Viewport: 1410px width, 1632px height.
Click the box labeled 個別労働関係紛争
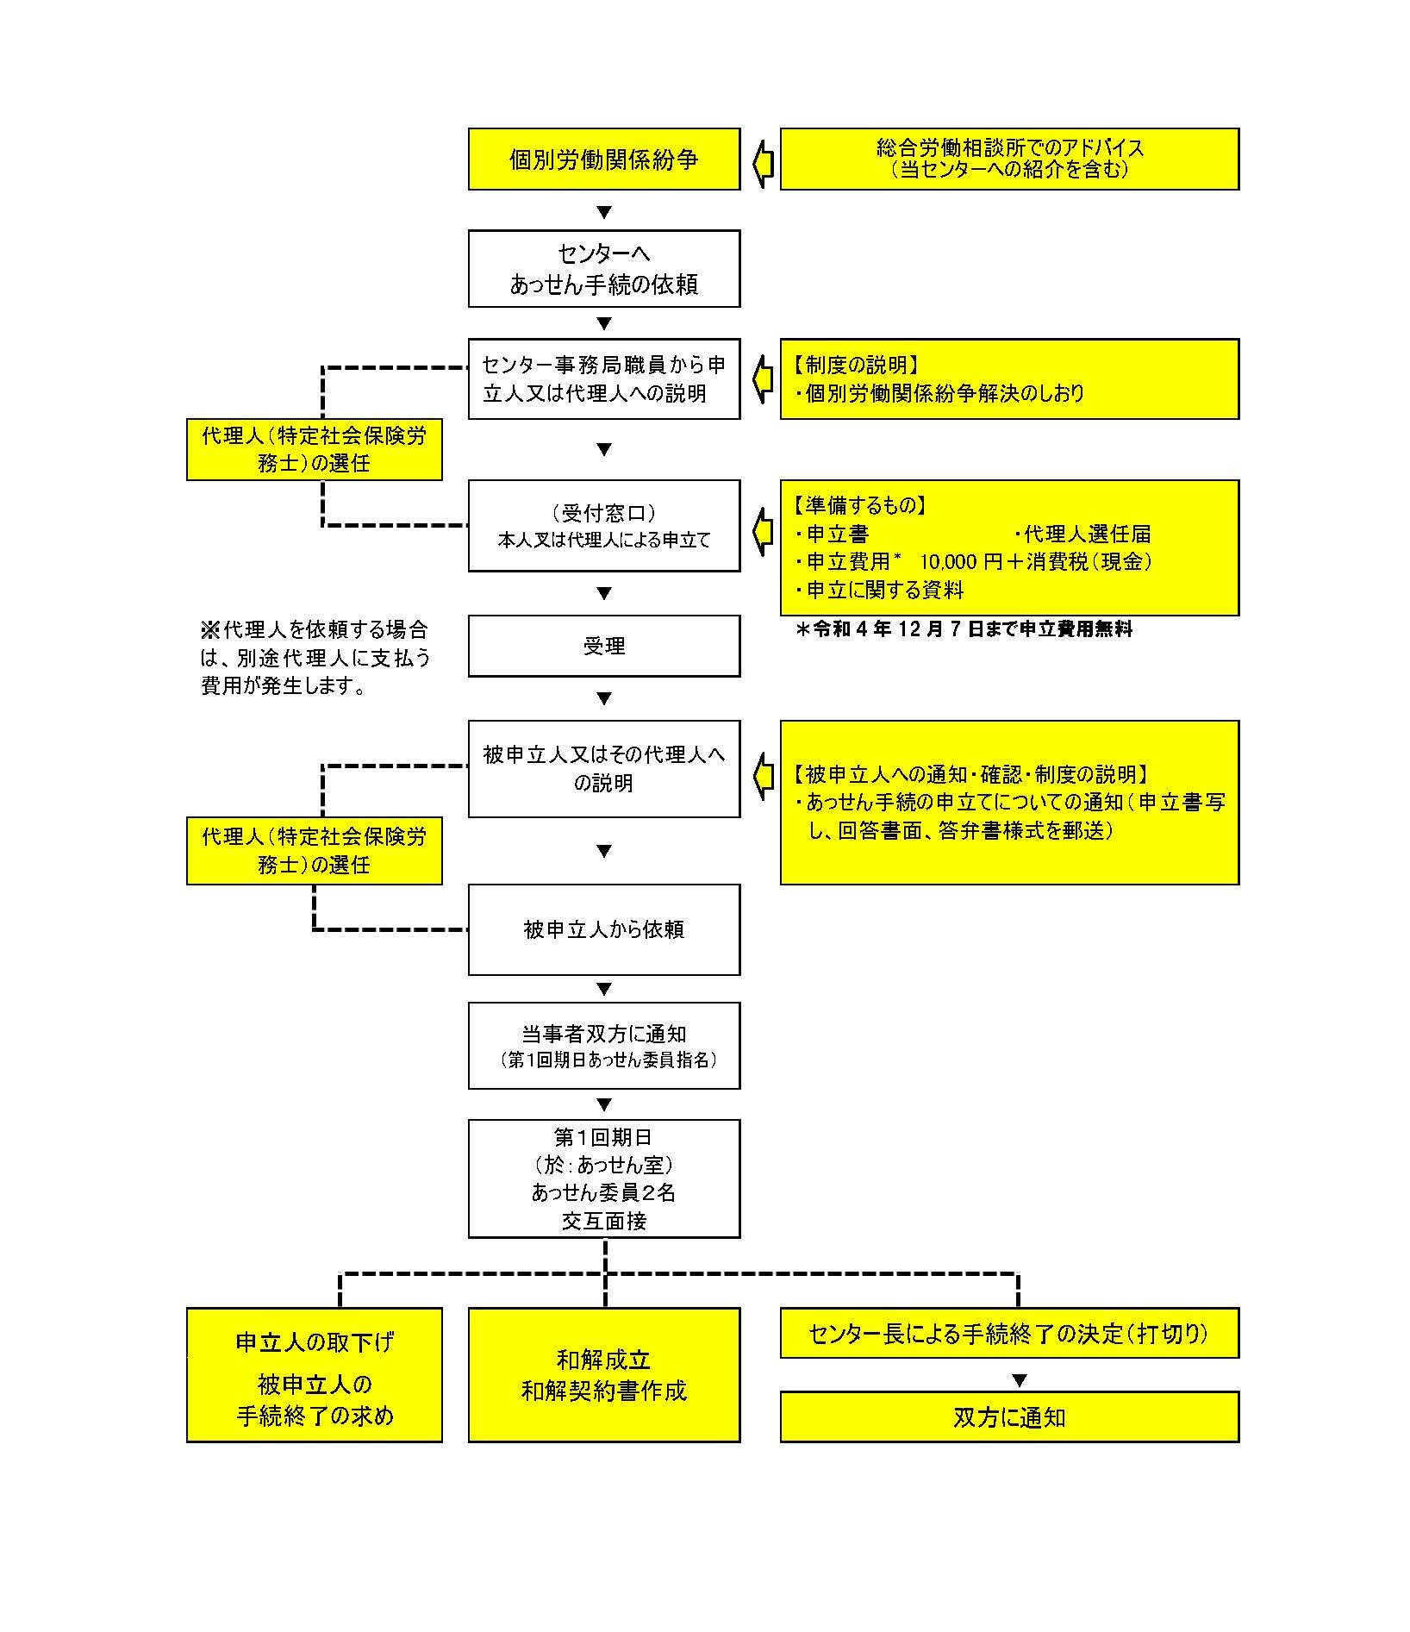[x=604, y=159]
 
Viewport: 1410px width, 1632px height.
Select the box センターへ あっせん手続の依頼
[x=604, y=269]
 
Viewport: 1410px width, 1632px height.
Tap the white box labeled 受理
[x=604, y=646]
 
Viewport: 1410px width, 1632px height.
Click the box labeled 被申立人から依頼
[x=604, y=929]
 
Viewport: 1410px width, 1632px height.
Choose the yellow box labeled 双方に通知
[x=1009, y=1416]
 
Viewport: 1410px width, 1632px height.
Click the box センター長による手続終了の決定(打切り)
[x=1009, y=1334]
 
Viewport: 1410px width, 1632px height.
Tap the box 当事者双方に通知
[x=604, y=1046]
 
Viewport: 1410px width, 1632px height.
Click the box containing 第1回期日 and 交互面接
[x=604, y=1179]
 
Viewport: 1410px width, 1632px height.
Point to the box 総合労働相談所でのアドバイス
[x=1009, y=159]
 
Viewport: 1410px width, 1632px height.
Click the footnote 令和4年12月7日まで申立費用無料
[x=964, y=629]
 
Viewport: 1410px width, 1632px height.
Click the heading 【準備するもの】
[x=859, y=506]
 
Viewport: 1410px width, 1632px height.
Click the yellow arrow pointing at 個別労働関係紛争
[x=763, y=164]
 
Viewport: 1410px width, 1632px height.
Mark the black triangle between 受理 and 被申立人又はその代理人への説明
[x=604, y=698]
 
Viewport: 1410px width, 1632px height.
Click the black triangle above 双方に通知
[x=1020, y=1380]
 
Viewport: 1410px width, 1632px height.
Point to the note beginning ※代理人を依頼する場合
[x=315, y=658]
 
